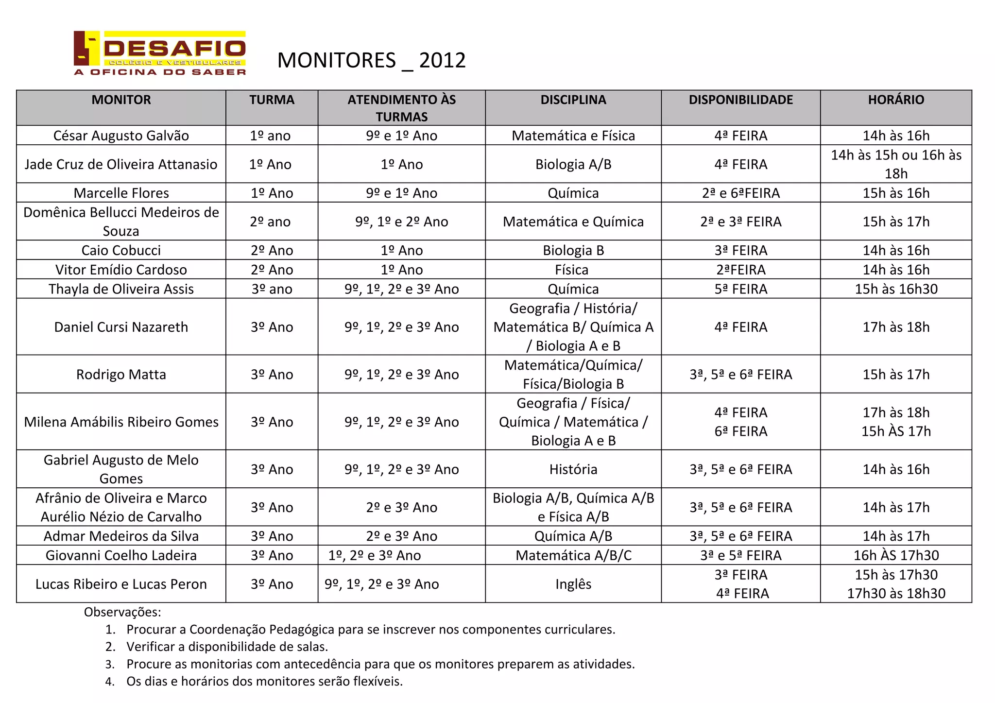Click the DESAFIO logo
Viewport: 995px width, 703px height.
(160, 53)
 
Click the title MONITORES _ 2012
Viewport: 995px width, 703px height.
(371, 61)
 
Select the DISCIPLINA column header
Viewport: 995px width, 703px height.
(573, 100)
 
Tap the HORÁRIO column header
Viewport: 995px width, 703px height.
(896, 100)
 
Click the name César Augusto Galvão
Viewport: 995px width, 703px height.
(121, 136)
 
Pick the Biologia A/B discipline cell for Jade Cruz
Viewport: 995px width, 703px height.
(573, 164)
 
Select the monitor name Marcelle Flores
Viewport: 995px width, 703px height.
(121, 193)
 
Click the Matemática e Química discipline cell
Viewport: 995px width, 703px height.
(573, 222)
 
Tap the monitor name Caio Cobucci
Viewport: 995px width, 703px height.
(121, 250)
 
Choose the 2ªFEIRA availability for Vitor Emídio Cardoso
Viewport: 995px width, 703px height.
(740, 270)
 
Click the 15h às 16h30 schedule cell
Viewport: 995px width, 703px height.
(896, 289)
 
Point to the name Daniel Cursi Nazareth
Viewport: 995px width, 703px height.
(121, 327)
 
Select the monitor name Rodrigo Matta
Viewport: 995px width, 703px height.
(121, 375)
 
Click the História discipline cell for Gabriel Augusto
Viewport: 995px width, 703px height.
(573, 469)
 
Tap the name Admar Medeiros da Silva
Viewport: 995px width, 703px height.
(121, 536)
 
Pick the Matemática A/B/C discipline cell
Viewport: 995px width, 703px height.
(573, 555)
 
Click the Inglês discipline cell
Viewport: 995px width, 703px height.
(573, 584)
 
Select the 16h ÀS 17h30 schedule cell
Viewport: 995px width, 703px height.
(896, 555)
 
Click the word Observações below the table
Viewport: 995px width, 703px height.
(122, 612)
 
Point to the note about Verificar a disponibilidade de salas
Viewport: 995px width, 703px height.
(227, 647)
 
